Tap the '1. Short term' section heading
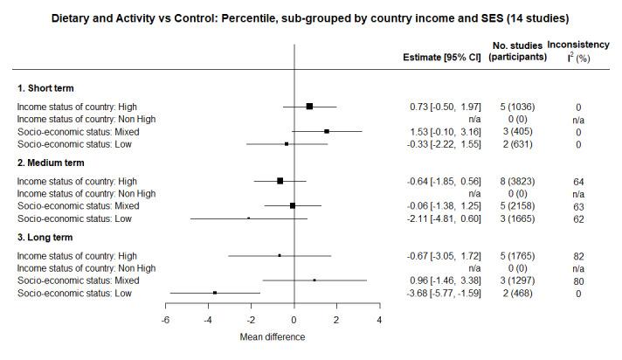(45, 88)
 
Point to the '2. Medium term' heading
(51, 163)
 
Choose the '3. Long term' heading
(45, 237)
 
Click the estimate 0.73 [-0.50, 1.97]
(446, 107)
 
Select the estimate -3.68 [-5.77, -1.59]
(444, 293)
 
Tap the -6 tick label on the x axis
(165, 320)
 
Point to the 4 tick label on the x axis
(379, 320)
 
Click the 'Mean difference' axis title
(272, 337)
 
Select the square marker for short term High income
(309, 107)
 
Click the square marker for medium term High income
(280, 181)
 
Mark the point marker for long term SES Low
(215, 293)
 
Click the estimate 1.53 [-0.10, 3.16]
(446, 131)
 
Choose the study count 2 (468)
(516, 293)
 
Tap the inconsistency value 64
(577, 181)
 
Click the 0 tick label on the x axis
(294, 320)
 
